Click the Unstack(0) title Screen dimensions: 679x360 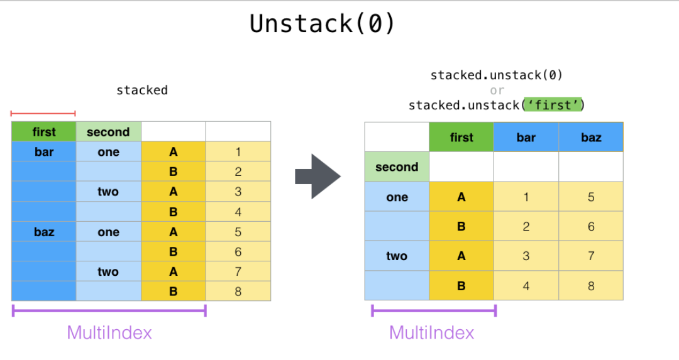(x=322, y=23)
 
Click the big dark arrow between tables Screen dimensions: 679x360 (x=318, y=177)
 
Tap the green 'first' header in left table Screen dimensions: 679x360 (x=44, y=131)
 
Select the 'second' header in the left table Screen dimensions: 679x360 (x=108, y=131)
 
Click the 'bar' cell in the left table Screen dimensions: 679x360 (x=44, y=152)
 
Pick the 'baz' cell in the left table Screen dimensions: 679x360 (x=44, y=232)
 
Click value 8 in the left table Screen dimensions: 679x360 (x=238, y=292)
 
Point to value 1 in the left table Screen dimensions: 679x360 (x=238, y=152)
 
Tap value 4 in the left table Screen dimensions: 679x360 (x=238, y=212)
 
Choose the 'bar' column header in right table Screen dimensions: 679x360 (x=526, y=137)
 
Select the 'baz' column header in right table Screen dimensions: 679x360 (x=591, y=137)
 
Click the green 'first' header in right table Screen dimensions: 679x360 (x=461, y=137)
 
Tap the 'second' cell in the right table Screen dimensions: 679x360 (x=397, y=167)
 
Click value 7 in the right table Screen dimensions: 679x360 (x=591, y=256)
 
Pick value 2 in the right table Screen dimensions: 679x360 (x=526, y=226)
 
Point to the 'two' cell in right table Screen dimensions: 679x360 (x=397, y=256)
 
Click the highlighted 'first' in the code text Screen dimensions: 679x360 (x=553, y=105)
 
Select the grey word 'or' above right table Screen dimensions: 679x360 (x=497, y=90)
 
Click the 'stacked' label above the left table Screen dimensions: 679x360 (x=142, y=90)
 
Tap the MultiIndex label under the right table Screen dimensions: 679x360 (x=432, y=333)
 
